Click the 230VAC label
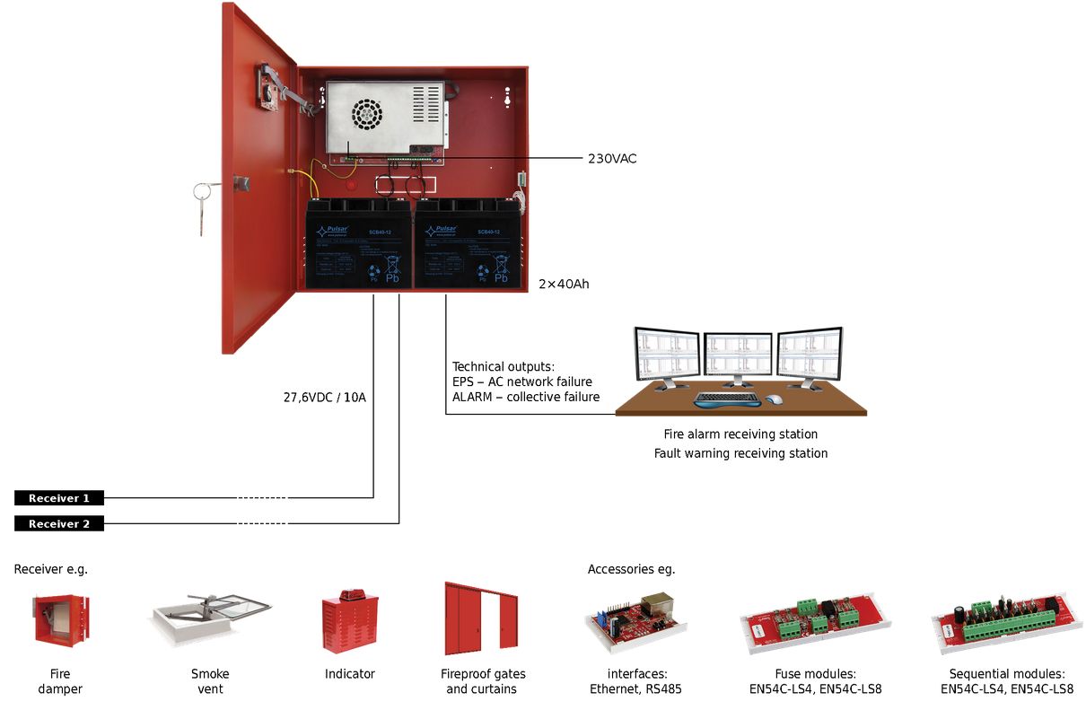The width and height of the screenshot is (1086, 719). coord(612,158)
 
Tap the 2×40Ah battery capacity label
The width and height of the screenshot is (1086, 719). coord(564,284)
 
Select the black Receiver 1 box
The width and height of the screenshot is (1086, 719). coord(59,498)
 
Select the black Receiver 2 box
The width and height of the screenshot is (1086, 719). coord(59,524)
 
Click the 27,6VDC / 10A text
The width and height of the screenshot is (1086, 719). coord(323,397)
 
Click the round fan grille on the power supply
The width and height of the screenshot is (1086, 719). coord(366,113)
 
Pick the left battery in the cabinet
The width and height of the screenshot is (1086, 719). coord(357,244)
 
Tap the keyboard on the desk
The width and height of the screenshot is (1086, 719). coord(727,398)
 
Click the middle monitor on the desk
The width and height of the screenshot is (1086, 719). coord(737,356)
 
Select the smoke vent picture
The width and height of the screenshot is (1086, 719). coord(210,619)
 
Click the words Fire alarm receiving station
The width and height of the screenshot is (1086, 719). coord(740,434)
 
